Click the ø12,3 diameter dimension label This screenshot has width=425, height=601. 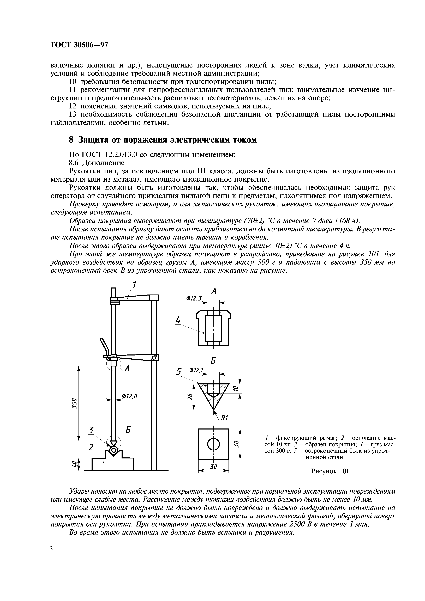(x=194, y=298)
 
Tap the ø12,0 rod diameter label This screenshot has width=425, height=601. (x=130, y=396)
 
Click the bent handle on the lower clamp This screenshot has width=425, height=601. (x=105, y=346)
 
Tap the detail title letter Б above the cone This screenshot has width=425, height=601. (x=213, y=361)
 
